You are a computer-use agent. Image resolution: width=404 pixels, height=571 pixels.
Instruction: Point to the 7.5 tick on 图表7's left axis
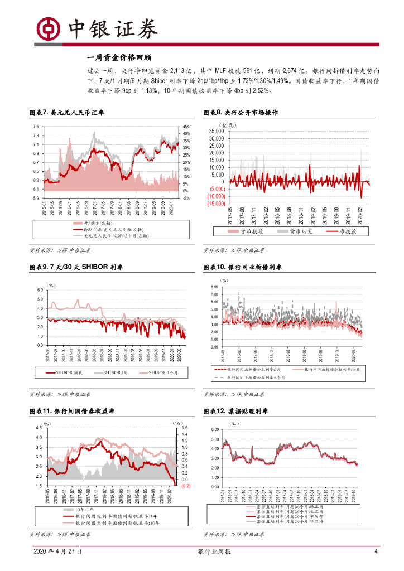coord(35,127)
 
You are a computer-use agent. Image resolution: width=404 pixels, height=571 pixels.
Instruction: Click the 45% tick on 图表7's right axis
coord(186,127)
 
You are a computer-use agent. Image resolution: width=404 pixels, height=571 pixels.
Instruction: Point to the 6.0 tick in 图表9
coord(40,290)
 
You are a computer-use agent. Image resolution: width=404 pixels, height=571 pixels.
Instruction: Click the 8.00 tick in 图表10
coord(214,287)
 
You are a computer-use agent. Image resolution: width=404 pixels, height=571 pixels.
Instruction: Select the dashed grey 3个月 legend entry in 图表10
coord(258,378)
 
